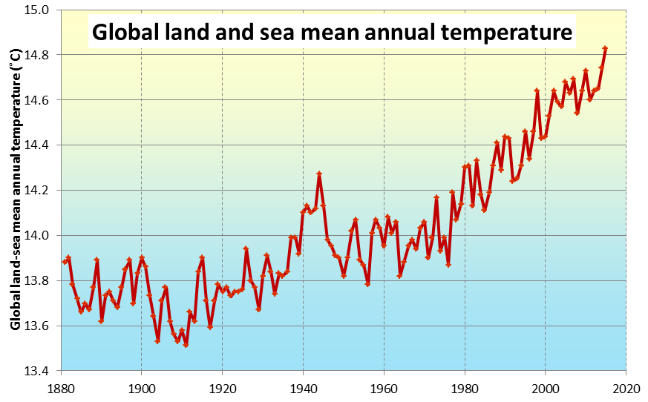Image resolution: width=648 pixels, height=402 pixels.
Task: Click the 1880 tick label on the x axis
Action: coord(62,389)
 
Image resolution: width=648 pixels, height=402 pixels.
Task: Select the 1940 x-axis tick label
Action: coord(304,389)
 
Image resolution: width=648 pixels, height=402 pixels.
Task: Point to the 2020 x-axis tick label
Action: coord(626,389)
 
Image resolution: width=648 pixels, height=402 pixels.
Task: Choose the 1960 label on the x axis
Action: coord(384,389)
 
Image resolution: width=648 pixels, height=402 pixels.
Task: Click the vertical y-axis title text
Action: coord(16,190)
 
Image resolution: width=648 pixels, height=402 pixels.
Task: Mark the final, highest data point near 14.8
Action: coord(606,48)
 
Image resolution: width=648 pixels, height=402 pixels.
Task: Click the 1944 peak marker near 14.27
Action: coord(319,174)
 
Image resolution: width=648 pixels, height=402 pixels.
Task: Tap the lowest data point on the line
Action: coord(186,345)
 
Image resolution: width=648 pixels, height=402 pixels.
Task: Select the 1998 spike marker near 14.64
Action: coord(537,90)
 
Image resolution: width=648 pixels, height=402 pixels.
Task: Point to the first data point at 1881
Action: coord(65,262)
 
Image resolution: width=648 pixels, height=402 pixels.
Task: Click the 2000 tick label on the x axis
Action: coord(545,389)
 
